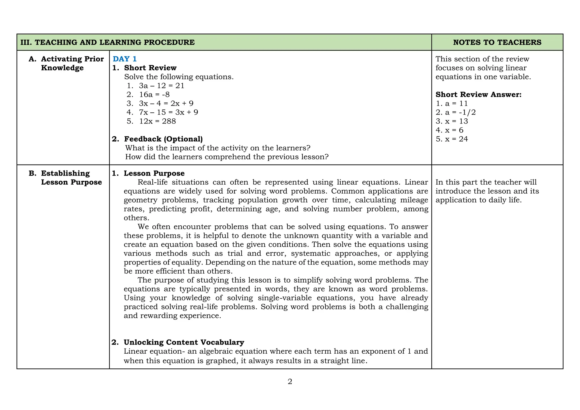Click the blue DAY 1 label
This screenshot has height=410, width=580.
tap(125, 59)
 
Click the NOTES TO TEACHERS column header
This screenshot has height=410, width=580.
tap(497, 42)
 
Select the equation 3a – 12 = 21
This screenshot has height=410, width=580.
tap(161, 86)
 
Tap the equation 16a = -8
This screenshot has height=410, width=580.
tap(154, 95)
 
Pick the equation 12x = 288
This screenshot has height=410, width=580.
tap(157, 121)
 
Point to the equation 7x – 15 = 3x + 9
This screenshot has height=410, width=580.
tap(169, 112)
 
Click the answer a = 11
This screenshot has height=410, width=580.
tap(456, 104)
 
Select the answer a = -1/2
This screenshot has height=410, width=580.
tap(460, 112)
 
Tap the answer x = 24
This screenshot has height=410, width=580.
tap(456, 139)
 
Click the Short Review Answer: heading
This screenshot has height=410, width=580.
tap(478, 95)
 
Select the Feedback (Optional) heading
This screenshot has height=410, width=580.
tap(163, 139)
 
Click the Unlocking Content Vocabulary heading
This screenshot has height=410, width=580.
tap(184, 342)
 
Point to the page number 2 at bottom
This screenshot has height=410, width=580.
tap(290, 382)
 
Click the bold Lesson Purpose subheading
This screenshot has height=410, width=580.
tap(154, 173)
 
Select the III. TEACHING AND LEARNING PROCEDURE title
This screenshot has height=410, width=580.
tap(108, 42)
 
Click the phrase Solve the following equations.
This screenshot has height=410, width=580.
tap(179, 77)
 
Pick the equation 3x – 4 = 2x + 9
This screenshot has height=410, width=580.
tap(166, 103)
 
